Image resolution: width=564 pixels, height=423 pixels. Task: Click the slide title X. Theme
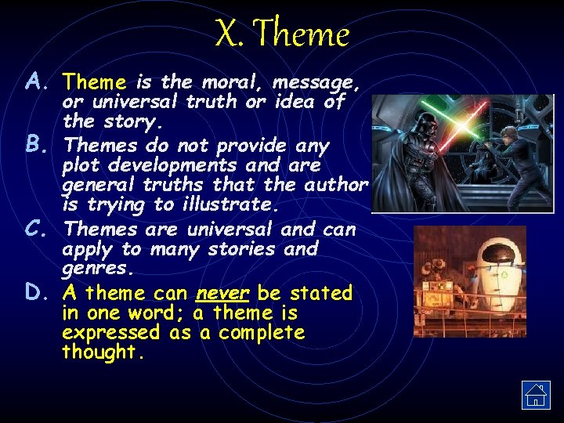[282, 34]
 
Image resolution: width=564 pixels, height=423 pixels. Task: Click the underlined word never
[222, 293]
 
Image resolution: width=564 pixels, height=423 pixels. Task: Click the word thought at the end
[101, 352]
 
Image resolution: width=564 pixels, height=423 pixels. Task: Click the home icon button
[536, 395]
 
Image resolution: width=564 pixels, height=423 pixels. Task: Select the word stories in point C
[239, 249]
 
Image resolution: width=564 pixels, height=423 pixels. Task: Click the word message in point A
[316, 81]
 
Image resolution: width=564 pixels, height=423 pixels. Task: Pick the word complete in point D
[262, 332]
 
